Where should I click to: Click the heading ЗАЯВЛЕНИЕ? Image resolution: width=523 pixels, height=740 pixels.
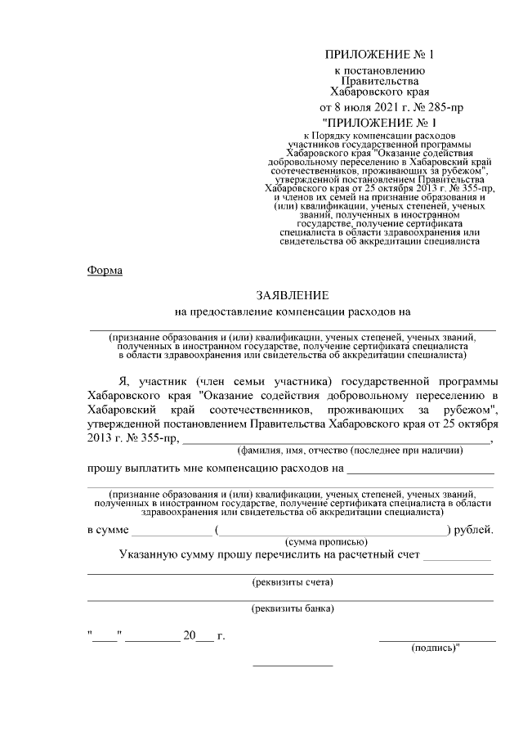tap(292, 294)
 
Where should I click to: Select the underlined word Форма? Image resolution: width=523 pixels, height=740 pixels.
tap(105, 271)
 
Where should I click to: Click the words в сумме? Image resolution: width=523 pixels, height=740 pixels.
tap(108, 530)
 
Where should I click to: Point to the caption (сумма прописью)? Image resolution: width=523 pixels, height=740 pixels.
tap(324, 542)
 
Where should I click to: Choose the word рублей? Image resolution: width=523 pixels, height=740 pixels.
tap(473, 530)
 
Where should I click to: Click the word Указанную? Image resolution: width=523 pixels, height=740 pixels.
tap(149, 555)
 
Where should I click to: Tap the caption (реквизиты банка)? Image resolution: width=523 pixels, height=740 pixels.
tap(291, 608)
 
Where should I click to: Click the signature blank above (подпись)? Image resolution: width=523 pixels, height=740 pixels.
tap(436, 640)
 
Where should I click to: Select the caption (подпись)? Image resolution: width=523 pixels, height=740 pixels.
tap(434, 648)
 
